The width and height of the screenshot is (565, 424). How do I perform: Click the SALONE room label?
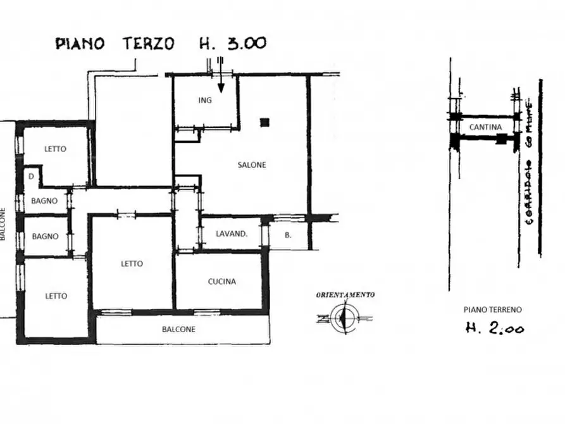tap(252, 165)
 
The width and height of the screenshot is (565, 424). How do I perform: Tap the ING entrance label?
tap(204, 101)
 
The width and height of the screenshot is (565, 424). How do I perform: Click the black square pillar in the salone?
tap(264, 122)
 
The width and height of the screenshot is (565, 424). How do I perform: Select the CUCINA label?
tap(221, 282)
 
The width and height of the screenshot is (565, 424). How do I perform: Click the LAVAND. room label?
tap(231, 234)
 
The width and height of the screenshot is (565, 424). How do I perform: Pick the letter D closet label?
tap(30, 177)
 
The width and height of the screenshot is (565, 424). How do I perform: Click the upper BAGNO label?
tap(45, 201)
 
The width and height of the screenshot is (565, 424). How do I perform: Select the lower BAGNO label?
tap(45, 237)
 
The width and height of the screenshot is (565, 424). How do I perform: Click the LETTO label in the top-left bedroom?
tap(55, 149)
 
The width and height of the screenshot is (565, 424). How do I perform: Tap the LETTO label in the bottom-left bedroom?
tap(55, 296)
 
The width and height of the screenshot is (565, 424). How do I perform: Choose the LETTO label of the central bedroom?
tap(132, 264)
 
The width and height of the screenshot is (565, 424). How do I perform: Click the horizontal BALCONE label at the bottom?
tap(178, 329)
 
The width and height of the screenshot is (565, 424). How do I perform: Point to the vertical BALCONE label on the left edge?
tap(3, 225)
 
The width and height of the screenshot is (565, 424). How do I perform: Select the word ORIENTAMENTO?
tap(345, 294)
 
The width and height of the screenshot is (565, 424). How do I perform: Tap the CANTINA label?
tap(485, 127)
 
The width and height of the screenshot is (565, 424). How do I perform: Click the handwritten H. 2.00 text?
tap(494, 328)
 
